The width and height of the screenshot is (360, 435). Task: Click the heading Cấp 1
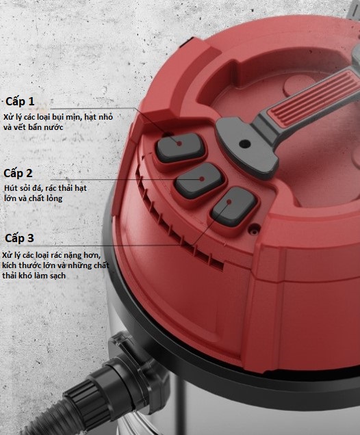click(x=20, y=101)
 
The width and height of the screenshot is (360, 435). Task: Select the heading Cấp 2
click(x=18, y=174)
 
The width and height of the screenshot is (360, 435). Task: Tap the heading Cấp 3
click(x=19, y=238)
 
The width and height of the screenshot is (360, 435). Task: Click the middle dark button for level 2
click(x=200, y=181)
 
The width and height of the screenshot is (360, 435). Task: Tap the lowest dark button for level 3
click(x=233, y=206)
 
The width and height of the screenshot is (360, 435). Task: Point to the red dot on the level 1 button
click(x=179, y=144)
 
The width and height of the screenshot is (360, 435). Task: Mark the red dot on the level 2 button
click(x=202, y=179)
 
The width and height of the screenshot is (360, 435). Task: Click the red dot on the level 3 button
click(x=229, y=202)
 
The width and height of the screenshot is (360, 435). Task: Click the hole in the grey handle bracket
click(x=244, y=144)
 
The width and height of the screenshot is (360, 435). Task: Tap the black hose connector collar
click(x=122, y=383)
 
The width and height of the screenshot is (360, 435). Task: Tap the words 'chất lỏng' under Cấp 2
click(x=47, y=199)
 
